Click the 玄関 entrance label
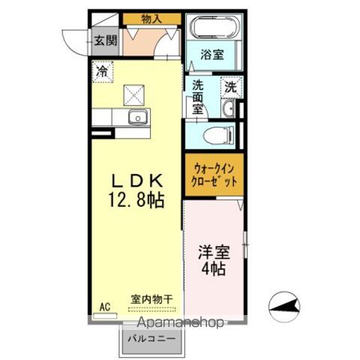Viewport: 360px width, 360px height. pyautogui.click(x=105, y=40)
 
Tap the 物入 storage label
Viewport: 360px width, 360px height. pyautogui.click(x=151, y=17)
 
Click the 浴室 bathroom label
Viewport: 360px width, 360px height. pyautogui.click(x=212, y=55)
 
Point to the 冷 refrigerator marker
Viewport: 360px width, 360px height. pyautogui.click(x=101, y=71)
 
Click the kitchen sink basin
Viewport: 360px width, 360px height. pyautogui.click(x=137, y=117)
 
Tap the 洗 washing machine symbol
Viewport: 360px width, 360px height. pyautogui.click(x=231, y=87)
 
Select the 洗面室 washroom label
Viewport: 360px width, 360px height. pyautogui.click(x=198, y=97)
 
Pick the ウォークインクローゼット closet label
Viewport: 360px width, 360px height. pyautogui.click(x=215, y=175)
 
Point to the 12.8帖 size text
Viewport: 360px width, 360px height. pyautogui.click(x=137, y=201)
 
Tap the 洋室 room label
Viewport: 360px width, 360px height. pyautogui.click(x=214, y=252)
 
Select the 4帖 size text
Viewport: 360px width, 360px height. pyautogui.click(x=214, y=270)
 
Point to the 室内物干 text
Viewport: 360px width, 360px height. pyautogui.click(x=151, y=298)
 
